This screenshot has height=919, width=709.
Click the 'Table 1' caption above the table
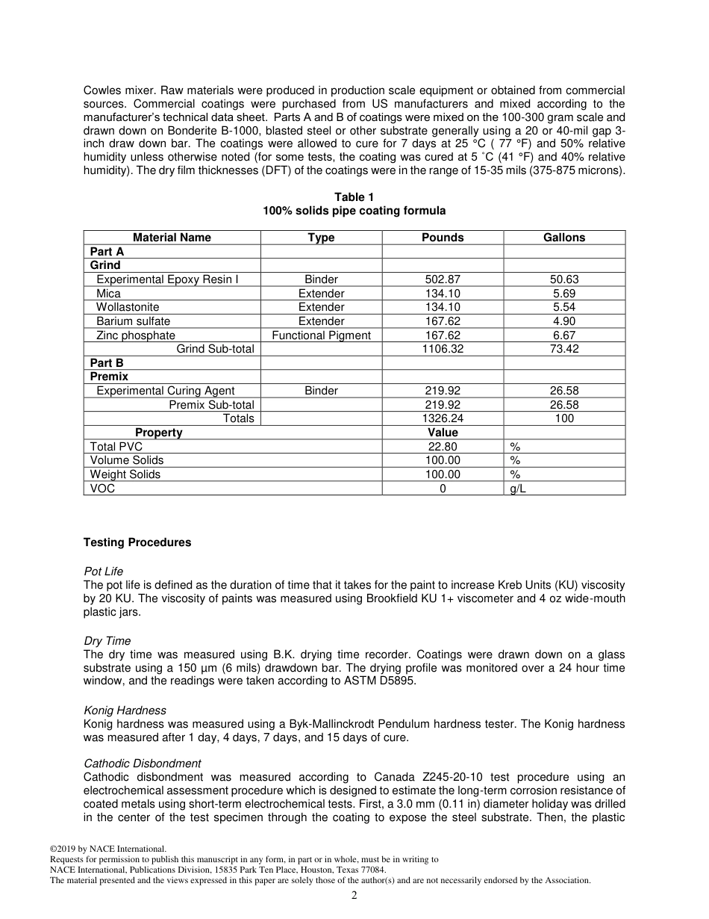(354, 197)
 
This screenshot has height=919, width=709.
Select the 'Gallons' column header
(564, 238)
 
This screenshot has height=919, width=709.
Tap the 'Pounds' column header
(443, 238)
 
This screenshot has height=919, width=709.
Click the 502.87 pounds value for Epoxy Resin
(443, 279)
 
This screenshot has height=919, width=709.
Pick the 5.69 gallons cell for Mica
(564, 294)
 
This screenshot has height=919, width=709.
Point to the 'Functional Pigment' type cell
(321, 335)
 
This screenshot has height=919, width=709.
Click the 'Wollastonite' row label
(128, 307)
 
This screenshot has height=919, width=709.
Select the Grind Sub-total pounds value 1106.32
(443, 349)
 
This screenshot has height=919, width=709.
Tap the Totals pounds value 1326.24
(443, 418)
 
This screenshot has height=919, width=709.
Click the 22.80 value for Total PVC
(443, 447)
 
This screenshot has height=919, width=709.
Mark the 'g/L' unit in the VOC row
(518, 489)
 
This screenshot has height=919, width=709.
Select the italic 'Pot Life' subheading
(104, 572)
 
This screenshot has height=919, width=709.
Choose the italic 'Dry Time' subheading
(107, 641)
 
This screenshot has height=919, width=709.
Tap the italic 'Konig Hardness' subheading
(125, 711)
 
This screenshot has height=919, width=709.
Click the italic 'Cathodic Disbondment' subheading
(142, 764)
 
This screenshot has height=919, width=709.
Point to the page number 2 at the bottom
(354, 896)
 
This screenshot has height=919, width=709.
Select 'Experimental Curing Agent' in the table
(165, 391)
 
